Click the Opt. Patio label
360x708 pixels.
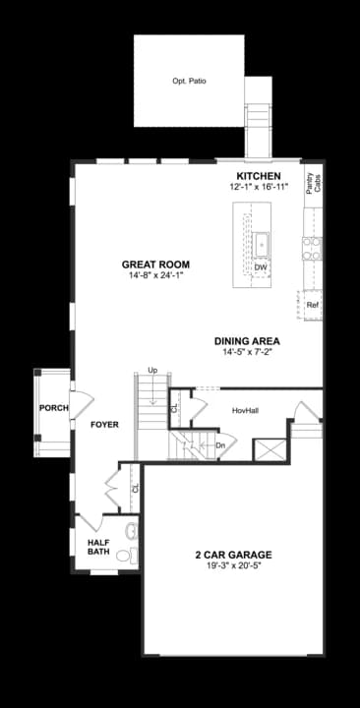tap(190, 82)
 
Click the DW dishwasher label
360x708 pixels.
tap(260, 267)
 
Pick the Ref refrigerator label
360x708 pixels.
tap(313, 305)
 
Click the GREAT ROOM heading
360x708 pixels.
tap(155, 265)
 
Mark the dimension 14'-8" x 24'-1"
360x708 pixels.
tap(155, 276)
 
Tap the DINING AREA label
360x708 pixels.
tap(247, 341)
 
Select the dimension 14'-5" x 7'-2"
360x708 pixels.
tap(247, 352)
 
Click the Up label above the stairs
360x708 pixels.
tap(152, 370)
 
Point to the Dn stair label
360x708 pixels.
tap(221, 443)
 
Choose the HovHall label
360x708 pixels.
tap(245, 410)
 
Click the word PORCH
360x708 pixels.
tap(52, 408)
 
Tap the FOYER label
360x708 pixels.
tap(104, 425)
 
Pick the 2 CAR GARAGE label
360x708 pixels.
tap(233, 555)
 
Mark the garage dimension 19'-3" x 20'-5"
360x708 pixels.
tap(233, 566)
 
